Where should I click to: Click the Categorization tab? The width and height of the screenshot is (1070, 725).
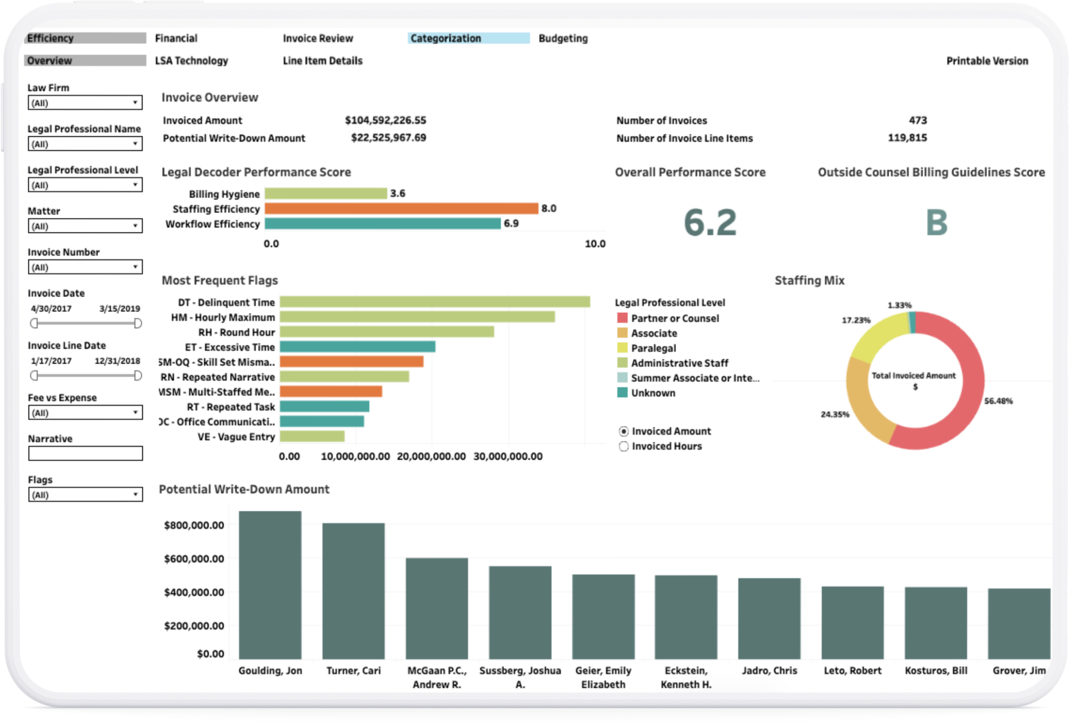coord(468,38)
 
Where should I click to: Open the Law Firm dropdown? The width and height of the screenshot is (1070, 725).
coord(85,103)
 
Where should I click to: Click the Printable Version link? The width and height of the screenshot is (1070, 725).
coord(987,61)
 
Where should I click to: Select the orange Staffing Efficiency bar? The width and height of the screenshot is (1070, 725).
coord(401,208)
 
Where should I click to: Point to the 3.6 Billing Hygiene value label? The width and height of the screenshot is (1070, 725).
coord(397,193)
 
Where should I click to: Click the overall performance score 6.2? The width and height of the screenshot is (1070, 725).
coord(710,223)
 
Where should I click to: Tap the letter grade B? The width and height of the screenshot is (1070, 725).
coord(936,223)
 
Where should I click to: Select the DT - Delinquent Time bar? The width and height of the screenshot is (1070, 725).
coord(434,302)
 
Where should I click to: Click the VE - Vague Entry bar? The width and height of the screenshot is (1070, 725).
coord(312,437)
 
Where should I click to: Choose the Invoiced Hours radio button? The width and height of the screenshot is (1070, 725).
coord(624,446)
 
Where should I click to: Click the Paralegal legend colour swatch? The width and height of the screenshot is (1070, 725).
coord(622,348)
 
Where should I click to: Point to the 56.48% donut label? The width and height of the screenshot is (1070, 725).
coord(998,401)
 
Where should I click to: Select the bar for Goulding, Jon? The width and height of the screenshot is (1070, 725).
coord(270,585)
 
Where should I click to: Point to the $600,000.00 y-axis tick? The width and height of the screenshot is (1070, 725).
coord(194,559)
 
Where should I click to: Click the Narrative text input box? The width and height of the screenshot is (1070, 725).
coord(85,453)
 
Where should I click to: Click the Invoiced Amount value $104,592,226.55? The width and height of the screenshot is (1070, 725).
coord(385,121)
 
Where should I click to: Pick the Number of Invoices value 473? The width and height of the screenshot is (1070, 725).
coord(917,121)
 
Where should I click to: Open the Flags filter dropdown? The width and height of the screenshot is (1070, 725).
coord(85,495)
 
